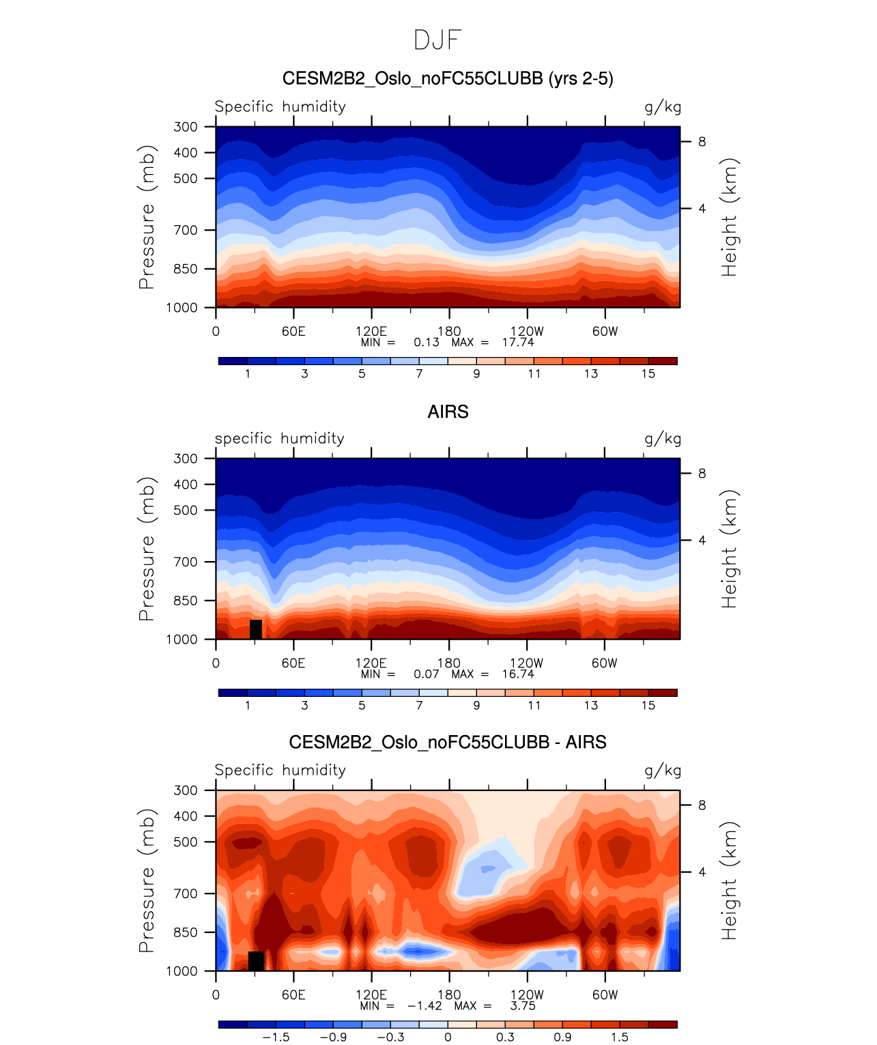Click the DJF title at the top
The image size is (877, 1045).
437,40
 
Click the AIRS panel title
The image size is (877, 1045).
448,412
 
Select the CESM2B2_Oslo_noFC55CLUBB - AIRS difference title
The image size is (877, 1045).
448,742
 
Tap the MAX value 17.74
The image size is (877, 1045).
518,342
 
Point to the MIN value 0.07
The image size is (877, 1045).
427,674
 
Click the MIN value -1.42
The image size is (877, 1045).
425,1005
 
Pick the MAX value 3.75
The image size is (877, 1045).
523,1005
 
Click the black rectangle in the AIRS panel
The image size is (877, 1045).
256,629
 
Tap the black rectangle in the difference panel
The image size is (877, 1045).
256,960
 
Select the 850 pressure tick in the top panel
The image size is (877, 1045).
185,269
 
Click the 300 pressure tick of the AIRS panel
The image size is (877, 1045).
185,459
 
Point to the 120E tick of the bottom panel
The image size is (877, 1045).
371,994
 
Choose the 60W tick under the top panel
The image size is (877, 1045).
605,331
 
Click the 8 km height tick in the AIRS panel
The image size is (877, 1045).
702,474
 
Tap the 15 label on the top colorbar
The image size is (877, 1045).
648,373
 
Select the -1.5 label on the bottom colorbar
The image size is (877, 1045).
276,1037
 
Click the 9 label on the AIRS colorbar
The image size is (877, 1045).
476,705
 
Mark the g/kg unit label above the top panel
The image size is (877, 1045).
663,107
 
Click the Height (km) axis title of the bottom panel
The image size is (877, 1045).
730,881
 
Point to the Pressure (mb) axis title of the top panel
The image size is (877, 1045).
147,217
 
